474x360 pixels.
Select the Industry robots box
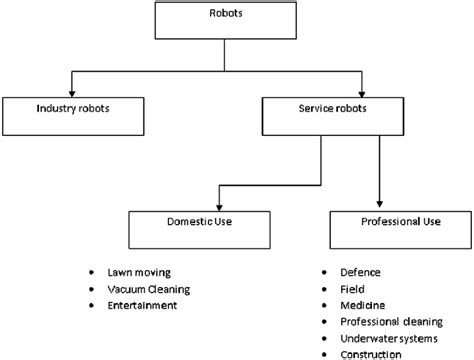71,115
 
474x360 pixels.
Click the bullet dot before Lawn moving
92,272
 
